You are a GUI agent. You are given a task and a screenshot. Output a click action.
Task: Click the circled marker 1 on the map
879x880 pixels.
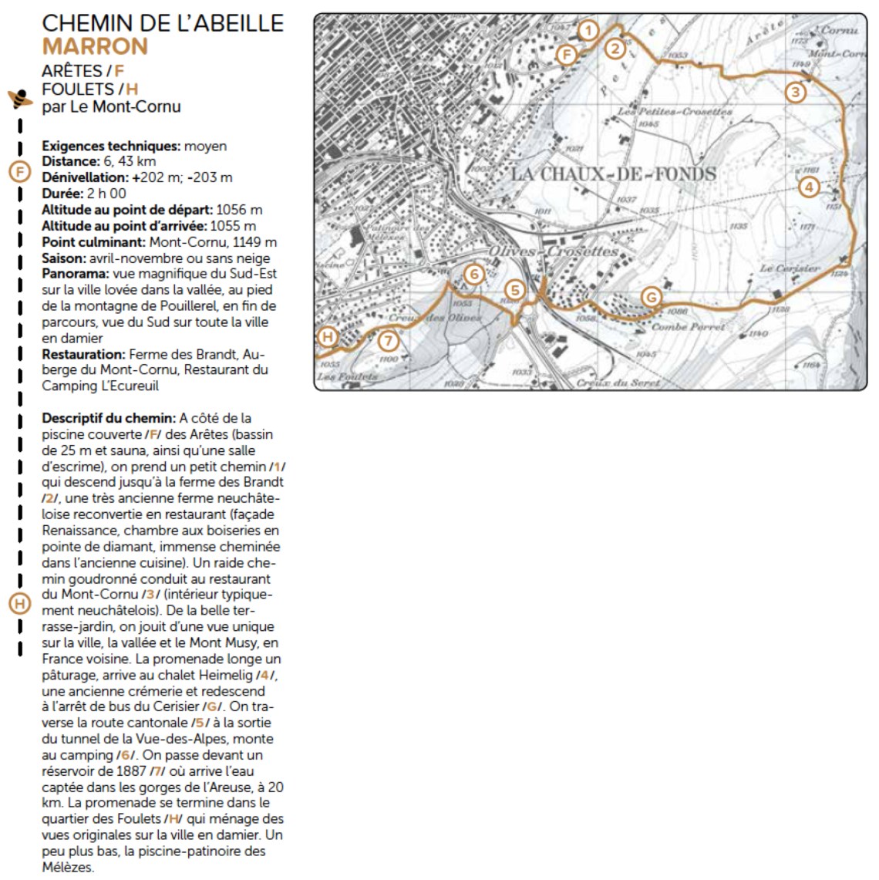click(x=588, y=31)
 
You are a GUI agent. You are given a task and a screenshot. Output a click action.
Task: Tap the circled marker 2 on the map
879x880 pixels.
click(x=615, y=49)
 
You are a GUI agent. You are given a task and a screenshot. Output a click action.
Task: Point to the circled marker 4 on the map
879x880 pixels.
click(x=808, y=187)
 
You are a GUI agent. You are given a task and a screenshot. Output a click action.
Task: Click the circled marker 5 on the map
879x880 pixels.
click(x=515, y=291)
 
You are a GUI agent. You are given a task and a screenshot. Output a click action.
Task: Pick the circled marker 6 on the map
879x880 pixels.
click(x=474, y=274)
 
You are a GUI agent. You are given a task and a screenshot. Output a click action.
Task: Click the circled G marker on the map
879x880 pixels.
click(x=652, y=296)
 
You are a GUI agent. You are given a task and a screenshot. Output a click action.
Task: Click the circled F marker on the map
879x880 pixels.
click(x=567, y=54)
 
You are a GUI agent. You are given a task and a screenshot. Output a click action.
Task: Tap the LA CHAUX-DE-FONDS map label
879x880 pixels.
click(x=614, y=174)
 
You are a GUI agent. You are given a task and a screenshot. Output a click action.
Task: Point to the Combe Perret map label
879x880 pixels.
click(x=689, y=327)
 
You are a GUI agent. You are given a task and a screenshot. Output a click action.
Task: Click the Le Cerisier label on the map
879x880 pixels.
click(x=790, y=268)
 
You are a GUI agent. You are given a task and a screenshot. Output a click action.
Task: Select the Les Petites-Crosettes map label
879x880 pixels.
click(x=675, y=112)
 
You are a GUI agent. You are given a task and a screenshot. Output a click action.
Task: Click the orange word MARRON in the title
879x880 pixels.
click(x=95, y=46)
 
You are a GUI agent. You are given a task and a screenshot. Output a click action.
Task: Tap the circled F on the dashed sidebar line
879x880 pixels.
click(x=19, y=171)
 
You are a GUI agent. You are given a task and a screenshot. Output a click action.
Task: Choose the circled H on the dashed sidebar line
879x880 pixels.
click(x=19, y=603)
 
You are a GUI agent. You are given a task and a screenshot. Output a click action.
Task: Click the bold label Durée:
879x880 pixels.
click(x=62, y=194)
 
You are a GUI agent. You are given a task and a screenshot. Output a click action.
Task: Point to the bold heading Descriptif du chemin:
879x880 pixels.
click(x=109, y=418)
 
